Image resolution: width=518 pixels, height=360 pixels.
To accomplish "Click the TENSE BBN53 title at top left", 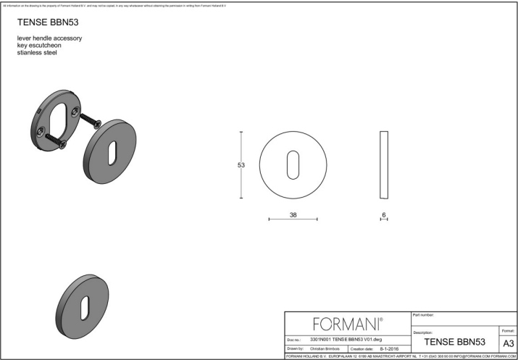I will (47, 22).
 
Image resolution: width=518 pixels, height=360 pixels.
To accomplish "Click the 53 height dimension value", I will (241, 165).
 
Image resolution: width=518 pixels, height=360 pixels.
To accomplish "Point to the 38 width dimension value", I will (293, 214).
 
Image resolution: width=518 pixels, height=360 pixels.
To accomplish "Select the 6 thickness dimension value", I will (384, 214).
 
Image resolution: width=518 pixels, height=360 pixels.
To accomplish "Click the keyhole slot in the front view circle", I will (293, 164).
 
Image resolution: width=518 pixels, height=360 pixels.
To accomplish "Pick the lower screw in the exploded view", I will (53, 138).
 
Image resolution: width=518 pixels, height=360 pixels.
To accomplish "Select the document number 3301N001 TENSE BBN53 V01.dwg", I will (345, 338).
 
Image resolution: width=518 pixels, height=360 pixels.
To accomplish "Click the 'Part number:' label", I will (423, 314).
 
